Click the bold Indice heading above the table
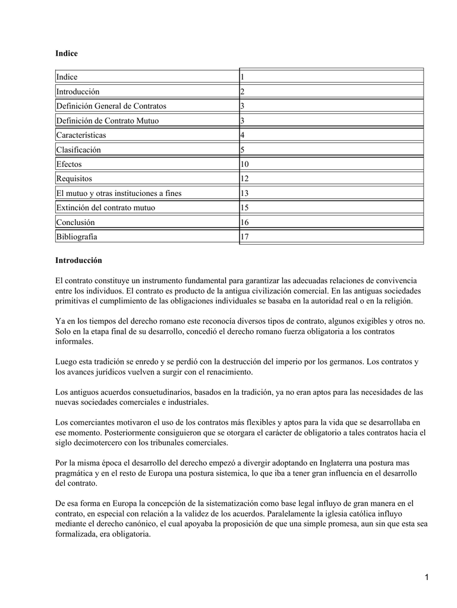[67, 53]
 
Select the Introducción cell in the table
[78, 91]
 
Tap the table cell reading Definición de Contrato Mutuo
[108, 121]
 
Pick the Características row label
[81, 135]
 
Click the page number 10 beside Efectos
[245, 164]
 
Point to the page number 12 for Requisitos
[245, 179]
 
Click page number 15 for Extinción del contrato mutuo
[245, 208]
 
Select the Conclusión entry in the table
[75, 222]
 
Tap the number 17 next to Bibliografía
[245, 237]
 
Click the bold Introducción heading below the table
[78, 260]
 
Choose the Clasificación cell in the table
[78, 150]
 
